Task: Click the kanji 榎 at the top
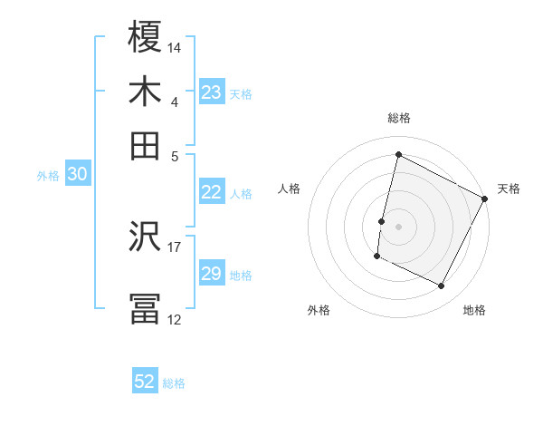tap(146, 38)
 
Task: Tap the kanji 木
tap(146, 92)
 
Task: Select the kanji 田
tap(146, 144)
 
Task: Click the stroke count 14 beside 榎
tap(175, 47)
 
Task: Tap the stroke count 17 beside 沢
tap(175, 246)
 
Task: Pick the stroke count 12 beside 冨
tap(175, 319)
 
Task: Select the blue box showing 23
tap(212, 92)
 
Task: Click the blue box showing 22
tap(212, 192)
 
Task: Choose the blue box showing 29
tap(212, 274)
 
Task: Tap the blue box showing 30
tap(77, 175)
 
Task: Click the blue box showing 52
tap(145, 382)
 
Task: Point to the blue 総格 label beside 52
tap(174, 383)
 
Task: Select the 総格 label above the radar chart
tap(398, 118)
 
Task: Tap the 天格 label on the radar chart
tap(509, 189)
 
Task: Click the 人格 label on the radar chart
tap(289, 189)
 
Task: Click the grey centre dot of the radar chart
tap(398, 225)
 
